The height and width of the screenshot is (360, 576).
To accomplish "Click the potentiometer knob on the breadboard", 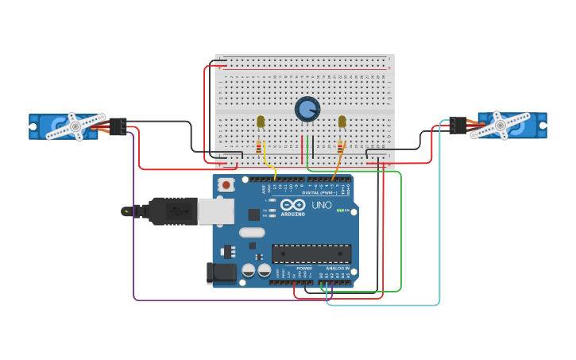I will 307,109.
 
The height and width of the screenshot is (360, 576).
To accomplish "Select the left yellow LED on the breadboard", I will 261,122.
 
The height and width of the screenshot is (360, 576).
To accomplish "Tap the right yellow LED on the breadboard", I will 342,122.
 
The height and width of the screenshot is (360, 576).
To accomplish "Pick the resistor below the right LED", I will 341,147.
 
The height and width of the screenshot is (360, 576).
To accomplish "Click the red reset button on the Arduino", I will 226,185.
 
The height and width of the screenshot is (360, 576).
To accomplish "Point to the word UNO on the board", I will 321,205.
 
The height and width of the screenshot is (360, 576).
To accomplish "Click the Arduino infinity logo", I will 292,204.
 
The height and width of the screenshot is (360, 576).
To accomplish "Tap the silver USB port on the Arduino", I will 215,211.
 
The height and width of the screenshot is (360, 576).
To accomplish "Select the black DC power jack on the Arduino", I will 221,273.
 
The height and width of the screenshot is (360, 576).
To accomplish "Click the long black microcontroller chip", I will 311,254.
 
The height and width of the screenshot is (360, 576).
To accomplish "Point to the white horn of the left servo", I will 75,126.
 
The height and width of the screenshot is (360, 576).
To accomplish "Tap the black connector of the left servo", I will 118,126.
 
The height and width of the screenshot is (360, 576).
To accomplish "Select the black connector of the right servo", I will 458,125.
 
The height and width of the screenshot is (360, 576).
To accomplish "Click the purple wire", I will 133,238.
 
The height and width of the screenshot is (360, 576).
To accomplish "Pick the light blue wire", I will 439,238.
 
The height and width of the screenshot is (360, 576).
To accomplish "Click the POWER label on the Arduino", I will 304,269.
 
